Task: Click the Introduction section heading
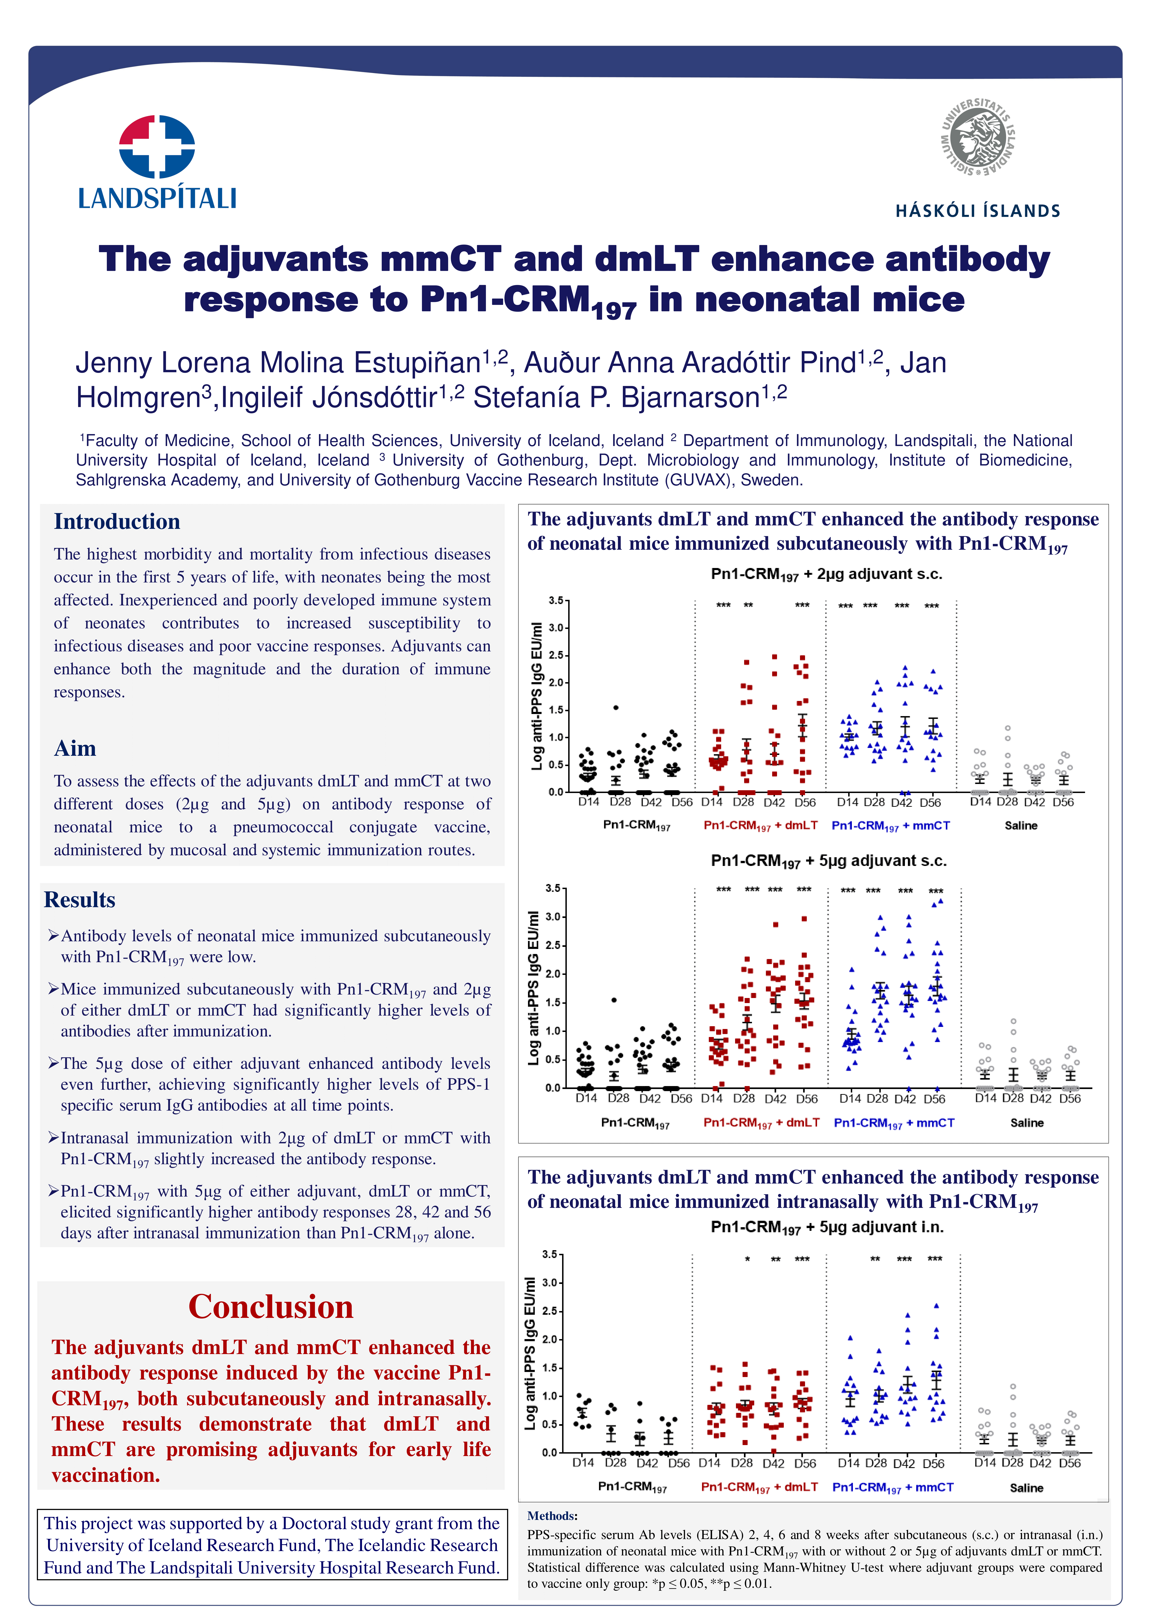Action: (117, 522)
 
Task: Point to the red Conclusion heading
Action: (271, 1306)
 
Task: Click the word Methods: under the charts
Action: (552, 1516)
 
